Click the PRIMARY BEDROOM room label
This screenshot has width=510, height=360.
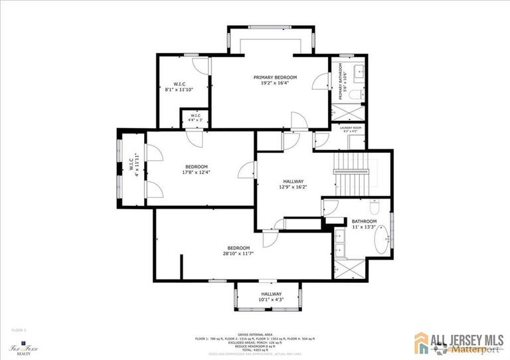coord(275,78)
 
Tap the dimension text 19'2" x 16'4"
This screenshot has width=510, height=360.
coord(275,84)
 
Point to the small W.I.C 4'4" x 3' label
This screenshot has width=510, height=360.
coord(195,118)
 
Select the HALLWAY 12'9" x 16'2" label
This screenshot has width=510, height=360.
coord(293,185)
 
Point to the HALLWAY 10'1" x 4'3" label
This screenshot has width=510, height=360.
coord(271,297)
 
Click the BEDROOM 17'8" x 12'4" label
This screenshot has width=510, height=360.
coord(197,169)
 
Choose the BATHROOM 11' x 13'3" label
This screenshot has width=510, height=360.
coord(364,224)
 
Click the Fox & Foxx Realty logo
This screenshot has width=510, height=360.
coord(22,349)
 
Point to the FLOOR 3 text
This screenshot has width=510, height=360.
coord(19,329)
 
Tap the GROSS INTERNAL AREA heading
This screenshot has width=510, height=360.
coord(251,334)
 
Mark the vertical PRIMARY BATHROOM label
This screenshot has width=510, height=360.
coord(340,82)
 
